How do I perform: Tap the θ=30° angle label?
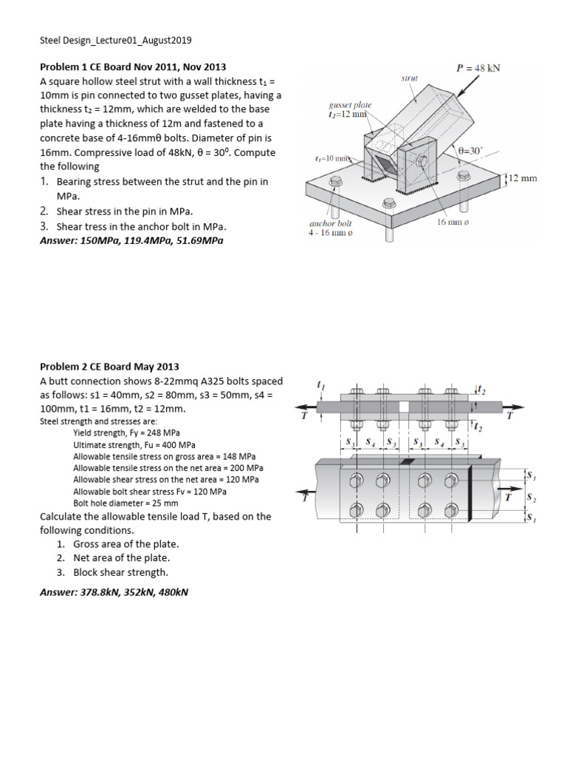[470, 150]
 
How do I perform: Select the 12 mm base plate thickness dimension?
[523, 178]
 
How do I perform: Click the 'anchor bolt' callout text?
[330, 223]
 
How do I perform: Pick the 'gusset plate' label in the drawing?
[350, 105]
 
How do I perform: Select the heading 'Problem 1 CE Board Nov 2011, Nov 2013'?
[133, 67]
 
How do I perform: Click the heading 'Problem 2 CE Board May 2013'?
[109, 367]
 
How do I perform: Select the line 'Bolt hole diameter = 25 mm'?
[126, 502]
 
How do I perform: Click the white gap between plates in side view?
[404, 407]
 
